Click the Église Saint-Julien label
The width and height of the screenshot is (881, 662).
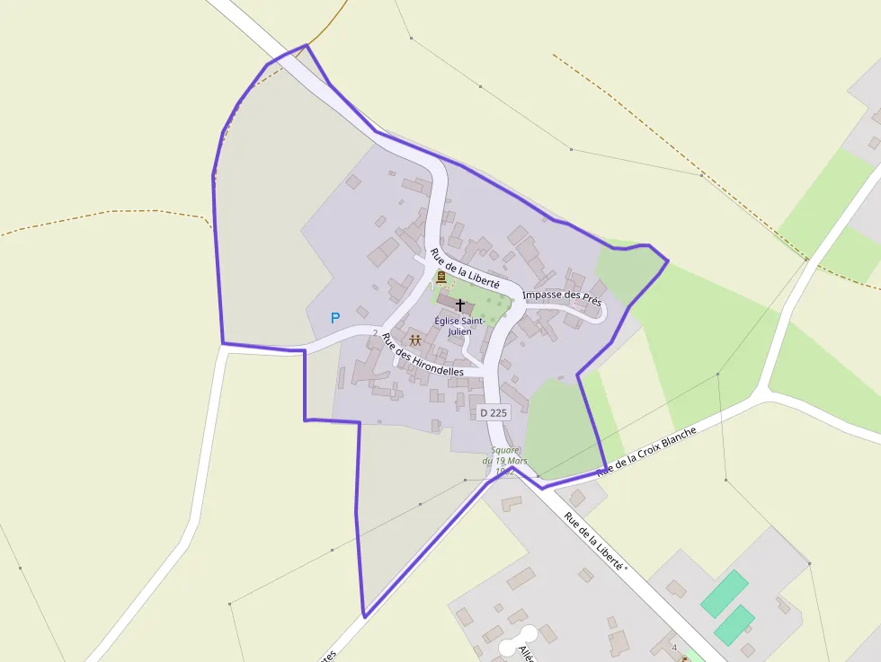coord(459,325)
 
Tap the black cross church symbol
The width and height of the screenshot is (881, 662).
coord(460,305)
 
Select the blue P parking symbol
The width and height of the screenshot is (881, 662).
coord(335,317)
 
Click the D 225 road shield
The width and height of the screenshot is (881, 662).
coord(494,412)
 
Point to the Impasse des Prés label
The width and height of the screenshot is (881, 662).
coord(562,295)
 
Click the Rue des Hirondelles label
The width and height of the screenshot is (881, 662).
coord(423,355)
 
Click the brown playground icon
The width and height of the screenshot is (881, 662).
coord(415,340)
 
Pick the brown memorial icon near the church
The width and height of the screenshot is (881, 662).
coord(440,278)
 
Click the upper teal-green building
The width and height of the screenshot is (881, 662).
coord(725,593)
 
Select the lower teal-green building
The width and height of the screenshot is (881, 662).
coord(734,624)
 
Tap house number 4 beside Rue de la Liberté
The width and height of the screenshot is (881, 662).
coord(674,647)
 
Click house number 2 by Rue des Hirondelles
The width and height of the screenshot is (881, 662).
coord(375,332)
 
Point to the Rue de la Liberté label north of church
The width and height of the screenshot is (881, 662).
coord(464,269)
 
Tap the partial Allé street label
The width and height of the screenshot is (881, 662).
coord(527,653)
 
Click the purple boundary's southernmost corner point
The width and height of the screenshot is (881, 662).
coord(364,617)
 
